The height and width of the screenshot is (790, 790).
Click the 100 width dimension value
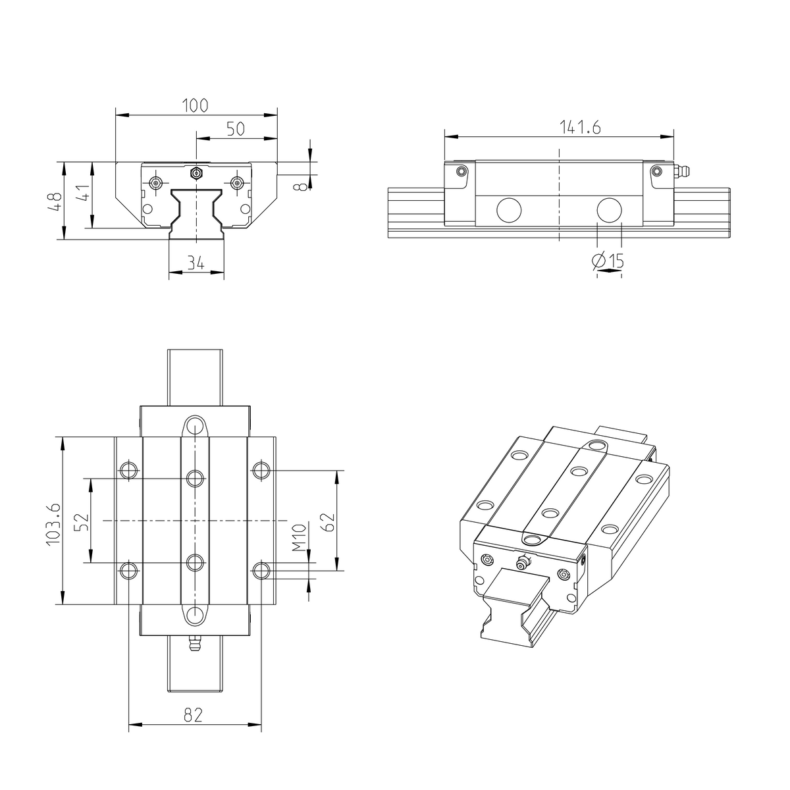coord(195,105)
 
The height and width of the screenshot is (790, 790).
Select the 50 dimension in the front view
coord(235,128)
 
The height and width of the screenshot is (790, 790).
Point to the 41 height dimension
coord(82,195)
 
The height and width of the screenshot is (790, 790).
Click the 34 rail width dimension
coord(195,263)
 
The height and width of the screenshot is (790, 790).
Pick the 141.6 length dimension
coord(580,128)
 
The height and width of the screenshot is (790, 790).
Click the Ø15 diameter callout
coord(608,262)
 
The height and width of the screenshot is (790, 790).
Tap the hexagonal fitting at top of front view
coord(196,173)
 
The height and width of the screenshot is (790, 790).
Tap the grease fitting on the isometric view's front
coord(523,562)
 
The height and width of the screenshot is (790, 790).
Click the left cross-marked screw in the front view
coord(155,182)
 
